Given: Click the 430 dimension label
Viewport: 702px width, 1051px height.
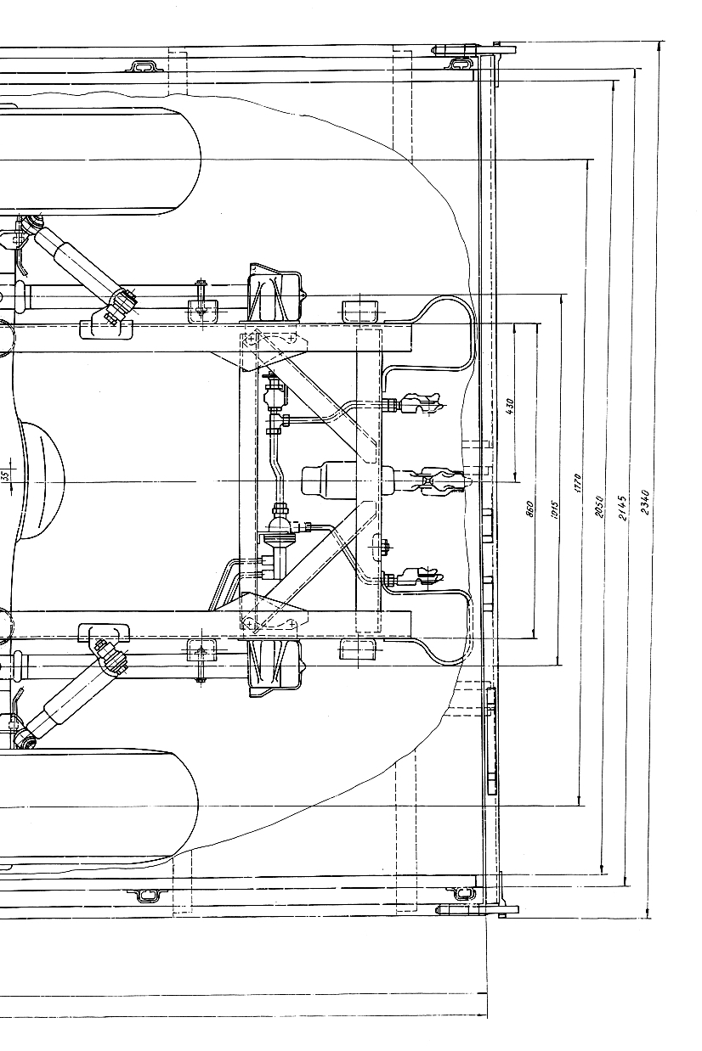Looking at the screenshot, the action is click(x=509, y=406).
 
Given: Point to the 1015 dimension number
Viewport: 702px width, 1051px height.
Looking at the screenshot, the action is click(x=553, y=507).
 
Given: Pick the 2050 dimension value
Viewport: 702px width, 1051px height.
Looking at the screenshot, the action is click(x=599, y=507).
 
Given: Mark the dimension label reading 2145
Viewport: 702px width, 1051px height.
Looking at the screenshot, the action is click(x=622, y=507).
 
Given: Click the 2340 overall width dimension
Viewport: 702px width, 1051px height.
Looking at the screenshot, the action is click(x=645, y=502).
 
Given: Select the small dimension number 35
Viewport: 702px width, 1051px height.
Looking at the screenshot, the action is click(x=5, y=475).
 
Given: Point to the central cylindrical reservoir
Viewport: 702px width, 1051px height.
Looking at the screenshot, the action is click(x=336, y=481).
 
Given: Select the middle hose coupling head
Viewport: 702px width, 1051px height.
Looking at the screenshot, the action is click(x=442, y=481).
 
